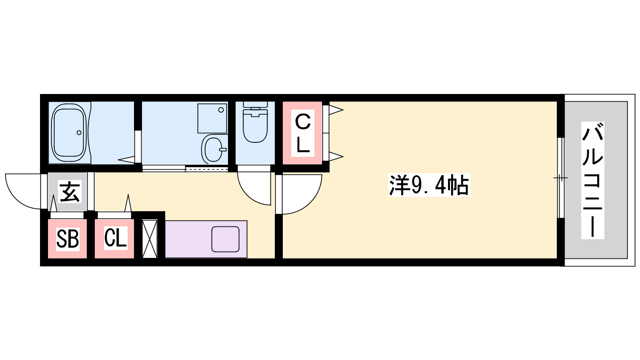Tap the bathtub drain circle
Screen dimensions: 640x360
(x=79, y=132)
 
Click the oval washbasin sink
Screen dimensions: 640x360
(x=213, y=150)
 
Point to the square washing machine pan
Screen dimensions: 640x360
(x=212, y=118)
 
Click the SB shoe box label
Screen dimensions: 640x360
(x=68, y=239)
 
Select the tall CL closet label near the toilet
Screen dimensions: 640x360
(x=302, y=133)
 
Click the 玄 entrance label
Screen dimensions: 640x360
(x=70, y=192)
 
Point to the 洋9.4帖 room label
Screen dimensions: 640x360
(x=429, y=185)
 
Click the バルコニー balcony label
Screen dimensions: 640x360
(x=592, y=180)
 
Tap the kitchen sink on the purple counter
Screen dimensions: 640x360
(x=225, y=239)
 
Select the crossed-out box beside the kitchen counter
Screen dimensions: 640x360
(x=150, y=238)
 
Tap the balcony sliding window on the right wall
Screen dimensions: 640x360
(x=561, y=178)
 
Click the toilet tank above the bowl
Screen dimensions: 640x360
(x=255, y=108)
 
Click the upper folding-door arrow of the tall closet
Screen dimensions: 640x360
(x=336, y=110)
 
